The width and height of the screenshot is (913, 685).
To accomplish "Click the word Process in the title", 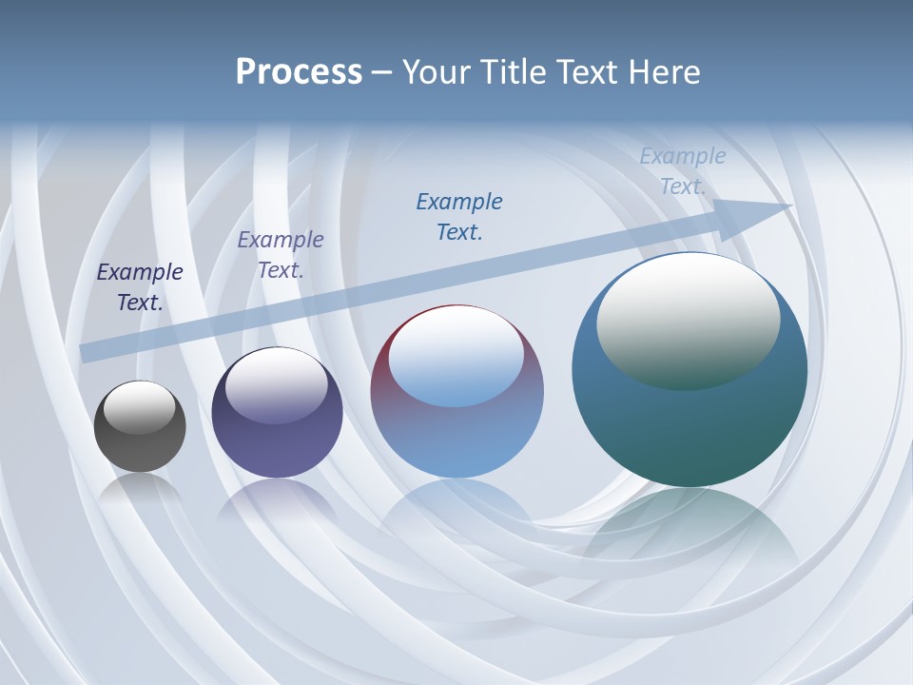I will [299, 72].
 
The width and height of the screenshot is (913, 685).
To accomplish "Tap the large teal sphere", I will [690, 428].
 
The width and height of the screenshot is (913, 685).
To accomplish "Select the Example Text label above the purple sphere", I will [281, 255].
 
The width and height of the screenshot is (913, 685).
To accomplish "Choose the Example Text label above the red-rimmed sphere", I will [459, 217].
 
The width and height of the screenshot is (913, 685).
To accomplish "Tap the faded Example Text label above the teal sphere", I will [683, 171].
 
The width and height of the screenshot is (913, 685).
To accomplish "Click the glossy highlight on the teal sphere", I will [688, 319].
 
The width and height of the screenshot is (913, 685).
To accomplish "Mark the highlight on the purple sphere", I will [277, 385].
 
